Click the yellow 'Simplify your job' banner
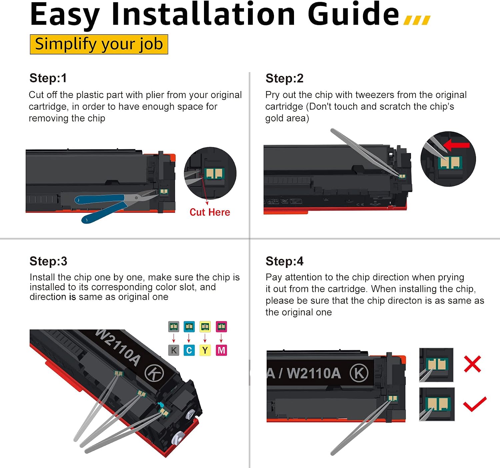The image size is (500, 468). (99, 44)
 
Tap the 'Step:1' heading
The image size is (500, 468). (48, 78)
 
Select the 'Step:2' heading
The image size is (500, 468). (284, 78)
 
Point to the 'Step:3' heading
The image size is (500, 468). (48, 261)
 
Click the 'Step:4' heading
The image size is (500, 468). (284, 261)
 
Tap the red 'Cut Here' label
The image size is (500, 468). (210, 212)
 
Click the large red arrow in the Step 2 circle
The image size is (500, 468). (456, 145)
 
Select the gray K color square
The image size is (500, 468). (174, 350)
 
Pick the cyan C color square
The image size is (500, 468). (189, 350)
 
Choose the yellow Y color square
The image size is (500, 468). (205, 350)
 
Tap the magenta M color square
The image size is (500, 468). (221, 350)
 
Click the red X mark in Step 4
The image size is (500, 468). (472, 364)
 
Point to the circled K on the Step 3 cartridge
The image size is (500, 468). (154, 373)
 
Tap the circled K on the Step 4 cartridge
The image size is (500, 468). (359, 373)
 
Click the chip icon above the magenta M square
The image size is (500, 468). (221, 327)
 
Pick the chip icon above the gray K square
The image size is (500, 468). (174, 327)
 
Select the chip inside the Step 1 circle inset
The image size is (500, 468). (214, 173)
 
